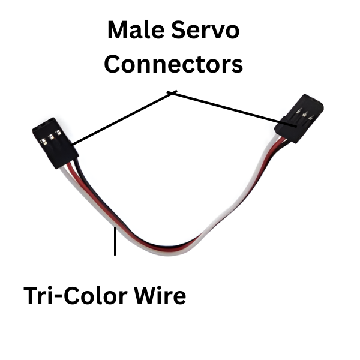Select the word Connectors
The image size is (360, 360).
coord(173,64)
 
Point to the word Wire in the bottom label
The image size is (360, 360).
coord(161,296)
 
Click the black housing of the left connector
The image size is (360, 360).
coord(57,153)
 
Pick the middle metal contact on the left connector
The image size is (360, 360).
coord(52,137)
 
